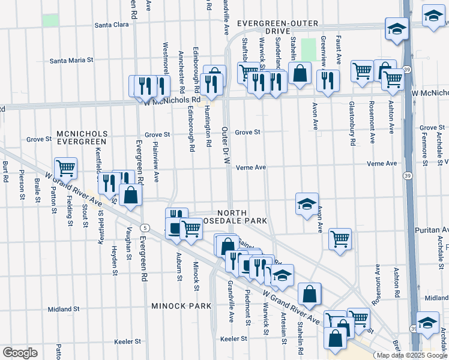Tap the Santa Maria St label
pyautogui.click(x=72, y=60)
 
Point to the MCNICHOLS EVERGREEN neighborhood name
pyautogui.click(x=82, y=137)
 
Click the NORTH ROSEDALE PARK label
pyautogui.click(x=242, y=217)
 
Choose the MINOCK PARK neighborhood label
pyautogui.click(x=181, y=306)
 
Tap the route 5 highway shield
pyautogui.click(x=145, y=227)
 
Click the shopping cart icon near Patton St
pyautogui.click(x=65, y=167)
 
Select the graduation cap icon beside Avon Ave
pyautogui.click(x=306, y=204)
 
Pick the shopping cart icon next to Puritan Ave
pyautogui.click(x=340, y=238)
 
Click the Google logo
pyautogui.click(x=20, y=353)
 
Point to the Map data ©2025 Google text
pyautogui.click(x=412, y=355)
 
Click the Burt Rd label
pyautogui.click(x=5, y=172)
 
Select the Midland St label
pyautogui.click(x=61, y=309)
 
